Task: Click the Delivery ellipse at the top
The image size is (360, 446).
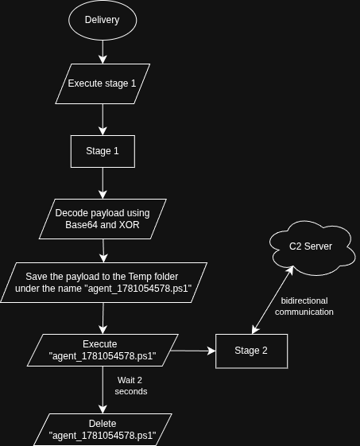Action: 103,20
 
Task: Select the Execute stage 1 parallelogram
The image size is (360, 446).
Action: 103,84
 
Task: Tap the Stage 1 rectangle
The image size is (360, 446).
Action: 103,151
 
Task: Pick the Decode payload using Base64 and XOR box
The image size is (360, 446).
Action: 103,219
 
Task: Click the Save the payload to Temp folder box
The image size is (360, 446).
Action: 103,282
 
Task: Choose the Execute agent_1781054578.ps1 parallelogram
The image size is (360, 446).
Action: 103,350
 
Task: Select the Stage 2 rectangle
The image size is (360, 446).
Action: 251,351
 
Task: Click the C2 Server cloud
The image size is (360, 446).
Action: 312,248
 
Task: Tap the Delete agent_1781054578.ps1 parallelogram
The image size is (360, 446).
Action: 103,430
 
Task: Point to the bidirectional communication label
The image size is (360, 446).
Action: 304,306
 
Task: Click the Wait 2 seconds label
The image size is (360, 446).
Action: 131,386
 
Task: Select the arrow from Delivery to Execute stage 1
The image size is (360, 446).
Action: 103,52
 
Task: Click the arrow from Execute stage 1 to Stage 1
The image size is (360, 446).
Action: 103,120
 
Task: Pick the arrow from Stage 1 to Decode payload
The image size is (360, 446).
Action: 103,183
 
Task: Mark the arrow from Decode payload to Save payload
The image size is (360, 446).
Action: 103,251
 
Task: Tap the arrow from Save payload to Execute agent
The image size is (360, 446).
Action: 103,318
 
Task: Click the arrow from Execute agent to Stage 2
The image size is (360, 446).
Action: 193,351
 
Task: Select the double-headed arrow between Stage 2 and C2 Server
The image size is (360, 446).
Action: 273,300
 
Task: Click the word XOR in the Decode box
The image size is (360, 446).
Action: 129,225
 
